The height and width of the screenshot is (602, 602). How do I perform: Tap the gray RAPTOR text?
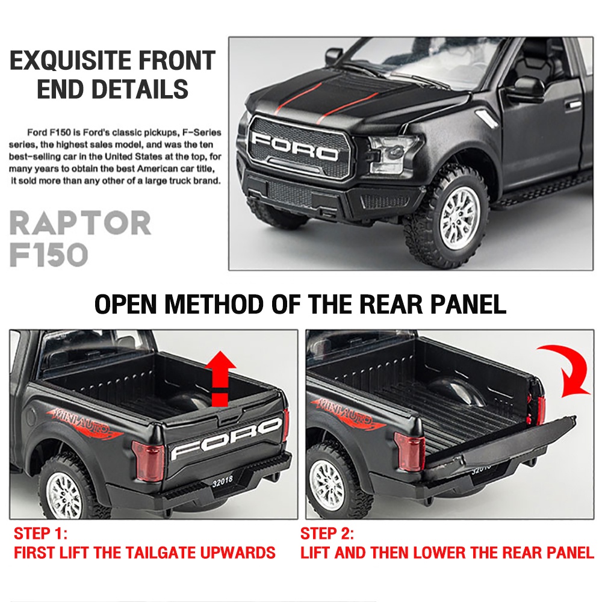coord(80,223)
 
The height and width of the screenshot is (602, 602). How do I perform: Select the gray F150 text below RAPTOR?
coord(49,255)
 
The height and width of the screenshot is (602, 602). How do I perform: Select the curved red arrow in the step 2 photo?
coord(567,368)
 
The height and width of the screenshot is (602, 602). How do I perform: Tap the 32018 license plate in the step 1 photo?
coord(222,482)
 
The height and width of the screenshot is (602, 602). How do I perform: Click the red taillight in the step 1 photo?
coord(148,461)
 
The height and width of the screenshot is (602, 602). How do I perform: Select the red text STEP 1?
coord(40,533)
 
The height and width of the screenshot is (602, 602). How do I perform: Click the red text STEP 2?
coord(327,533)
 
